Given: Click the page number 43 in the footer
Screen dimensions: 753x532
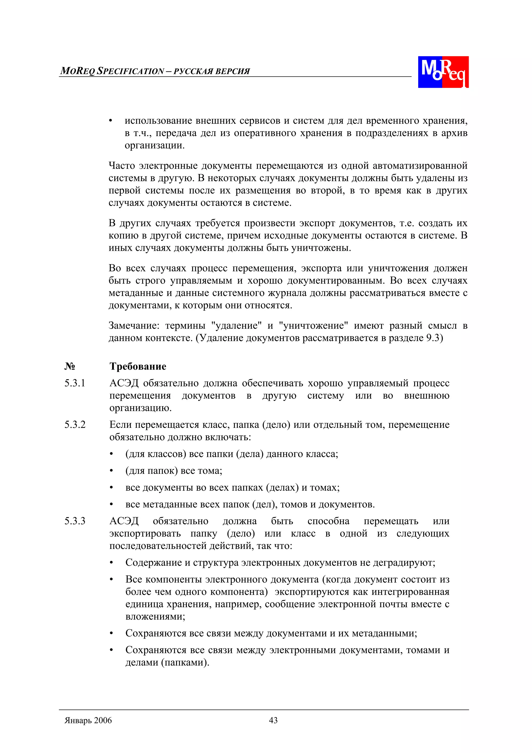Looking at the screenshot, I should tap(273, 720).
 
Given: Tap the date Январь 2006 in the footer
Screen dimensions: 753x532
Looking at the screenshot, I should tap(88, 720).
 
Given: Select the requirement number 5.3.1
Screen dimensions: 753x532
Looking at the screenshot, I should tap(75, 383).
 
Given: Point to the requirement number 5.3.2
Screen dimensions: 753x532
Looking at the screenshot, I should tap(75, 424).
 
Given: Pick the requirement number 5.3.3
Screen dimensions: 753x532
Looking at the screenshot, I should tap(75, 521).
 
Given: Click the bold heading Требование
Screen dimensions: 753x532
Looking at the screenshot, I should tap(138, 366).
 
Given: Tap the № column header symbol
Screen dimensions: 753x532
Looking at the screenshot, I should tap(70, 366).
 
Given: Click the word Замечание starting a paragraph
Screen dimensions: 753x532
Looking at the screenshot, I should tap(134, 326).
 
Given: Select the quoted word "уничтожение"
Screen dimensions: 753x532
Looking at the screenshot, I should tap(313, 326).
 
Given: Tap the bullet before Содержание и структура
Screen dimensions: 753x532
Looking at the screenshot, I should tap(111, 563).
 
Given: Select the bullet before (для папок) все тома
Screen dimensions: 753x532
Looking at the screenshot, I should tap(111, 471).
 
